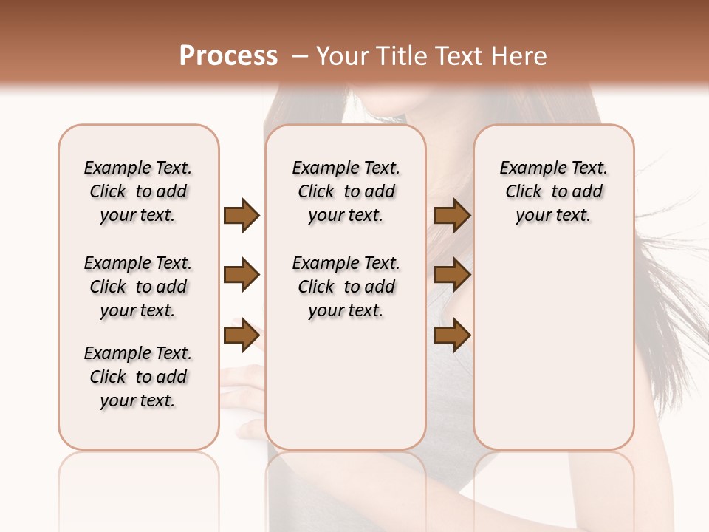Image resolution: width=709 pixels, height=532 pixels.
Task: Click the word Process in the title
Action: pos(228,56)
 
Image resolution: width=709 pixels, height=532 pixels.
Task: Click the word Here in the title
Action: pos(519,56)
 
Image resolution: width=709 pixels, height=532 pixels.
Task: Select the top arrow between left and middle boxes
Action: pos(242,215)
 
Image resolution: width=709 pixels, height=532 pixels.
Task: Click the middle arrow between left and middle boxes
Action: pos(242,276)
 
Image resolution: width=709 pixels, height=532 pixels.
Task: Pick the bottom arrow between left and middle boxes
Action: pos(242,336)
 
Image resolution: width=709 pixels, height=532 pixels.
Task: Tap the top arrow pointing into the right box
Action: pos(452,215)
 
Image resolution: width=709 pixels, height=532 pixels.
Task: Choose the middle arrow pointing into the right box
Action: pos(452,276)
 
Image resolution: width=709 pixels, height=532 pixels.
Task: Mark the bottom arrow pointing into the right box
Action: pos(452,336)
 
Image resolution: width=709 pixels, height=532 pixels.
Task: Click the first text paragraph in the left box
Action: pos(138,191)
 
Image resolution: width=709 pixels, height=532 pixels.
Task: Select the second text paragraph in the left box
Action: pos(138,287)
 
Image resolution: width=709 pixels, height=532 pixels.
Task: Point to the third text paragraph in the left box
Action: pos(138,377)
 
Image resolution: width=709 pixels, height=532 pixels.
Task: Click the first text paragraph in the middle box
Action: pos(346,191)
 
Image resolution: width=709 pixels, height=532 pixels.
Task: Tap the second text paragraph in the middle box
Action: pos(346,287)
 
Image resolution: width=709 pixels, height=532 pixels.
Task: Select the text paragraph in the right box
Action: pos(553,191)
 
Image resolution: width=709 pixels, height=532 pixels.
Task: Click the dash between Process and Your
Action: pos(300,56)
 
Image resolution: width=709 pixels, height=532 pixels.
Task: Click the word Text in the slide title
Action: pos(457,56)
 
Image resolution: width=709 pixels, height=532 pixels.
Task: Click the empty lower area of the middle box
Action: pos(346,392)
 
